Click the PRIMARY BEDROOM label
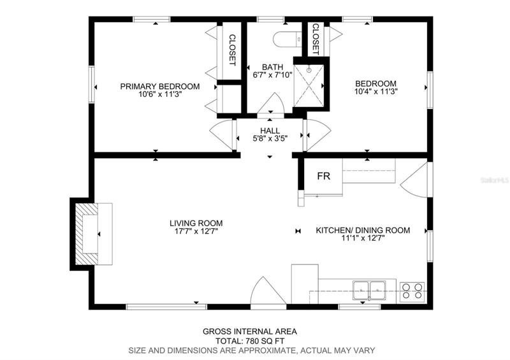point(160,87)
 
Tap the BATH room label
point(273,67)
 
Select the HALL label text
point(270,131)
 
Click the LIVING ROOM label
point(196,223)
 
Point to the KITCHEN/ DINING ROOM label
point(363,230)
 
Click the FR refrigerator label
point(324,176)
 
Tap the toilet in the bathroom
point(288,40)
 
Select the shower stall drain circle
point(309,70)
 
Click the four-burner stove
point(412,291)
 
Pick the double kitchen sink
point(369,290)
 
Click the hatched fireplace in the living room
point(87,234)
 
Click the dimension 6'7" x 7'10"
point(273,75)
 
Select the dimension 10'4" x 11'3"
point(376,91)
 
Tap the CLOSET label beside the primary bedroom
point(232,50)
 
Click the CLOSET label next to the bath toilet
point(316,39)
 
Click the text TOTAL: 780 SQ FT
point(250,341)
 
